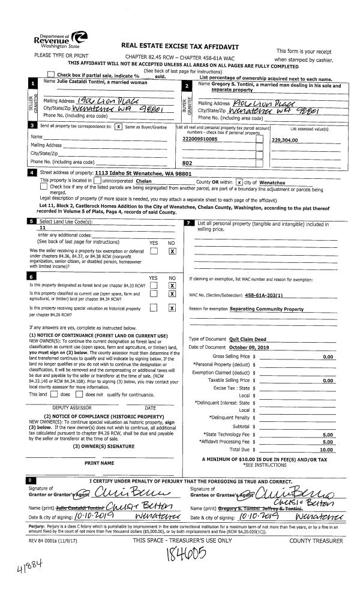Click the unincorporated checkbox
(x=98, y=181)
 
